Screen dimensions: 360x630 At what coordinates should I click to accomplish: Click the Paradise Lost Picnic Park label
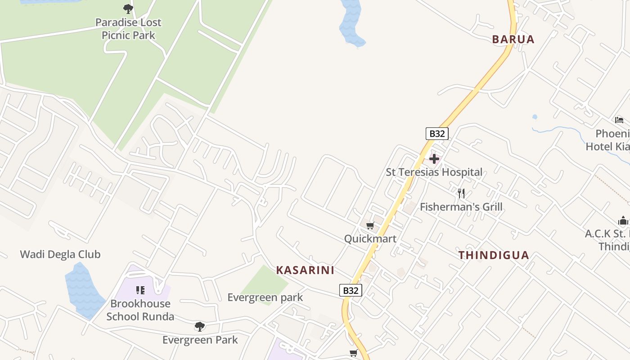[128, 29]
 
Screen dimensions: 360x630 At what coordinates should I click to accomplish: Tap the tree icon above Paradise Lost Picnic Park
[128, 9]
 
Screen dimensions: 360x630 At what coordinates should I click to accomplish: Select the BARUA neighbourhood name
[513, 40]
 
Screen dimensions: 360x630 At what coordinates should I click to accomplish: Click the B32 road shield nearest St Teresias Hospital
[437, 134]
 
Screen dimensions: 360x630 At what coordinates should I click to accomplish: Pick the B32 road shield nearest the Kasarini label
[351, 290]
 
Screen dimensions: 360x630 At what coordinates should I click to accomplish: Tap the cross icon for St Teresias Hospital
[434, 159]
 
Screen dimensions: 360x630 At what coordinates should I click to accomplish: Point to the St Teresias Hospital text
[434, 172]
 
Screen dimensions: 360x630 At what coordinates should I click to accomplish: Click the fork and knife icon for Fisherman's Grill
[461, 193]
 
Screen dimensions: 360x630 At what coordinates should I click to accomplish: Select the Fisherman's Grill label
[461, 207]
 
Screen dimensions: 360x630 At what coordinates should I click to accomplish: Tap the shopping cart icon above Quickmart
[370, 226]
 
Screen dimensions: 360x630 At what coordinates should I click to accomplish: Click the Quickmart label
[370, 239]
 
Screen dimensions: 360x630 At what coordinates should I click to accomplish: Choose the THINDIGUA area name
[494, 256]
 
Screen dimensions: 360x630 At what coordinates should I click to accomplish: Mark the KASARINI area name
[305, 270]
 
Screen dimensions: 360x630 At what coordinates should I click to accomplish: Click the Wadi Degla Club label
[60, 254]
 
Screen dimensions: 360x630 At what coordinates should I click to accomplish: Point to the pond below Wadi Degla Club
[83, 290]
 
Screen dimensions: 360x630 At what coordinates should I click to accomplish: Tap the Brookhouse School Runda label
[140, 310]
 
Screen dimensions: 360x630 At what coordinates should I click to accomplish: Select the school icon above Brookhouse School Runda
[140, 290]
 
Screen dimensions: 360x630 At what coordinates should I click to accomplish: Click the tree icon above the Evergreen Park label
[200, 326]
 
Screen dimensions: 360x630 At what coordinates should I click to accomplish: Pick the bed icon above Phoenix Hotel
[619, 120]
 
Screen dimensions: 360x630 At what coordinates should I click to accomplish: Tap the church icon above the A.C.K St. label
[623, 220]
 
